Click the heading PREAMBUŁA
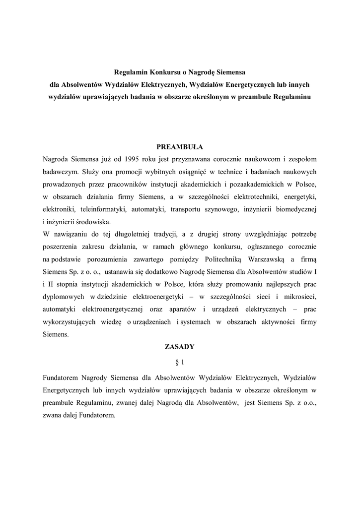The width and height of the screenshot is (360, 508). click(180, 147)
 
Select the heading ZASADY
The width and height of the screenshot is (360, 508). click(180, 347)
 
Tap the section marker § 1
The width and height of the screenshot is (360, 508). click(180, 363)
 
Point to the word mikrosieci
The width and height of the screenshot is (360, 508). click(299, 297)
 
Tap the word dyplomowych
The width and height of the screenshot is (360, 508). click(63, 297)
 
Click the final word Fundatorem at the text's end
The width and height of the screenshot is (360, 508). click(98, 415)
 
